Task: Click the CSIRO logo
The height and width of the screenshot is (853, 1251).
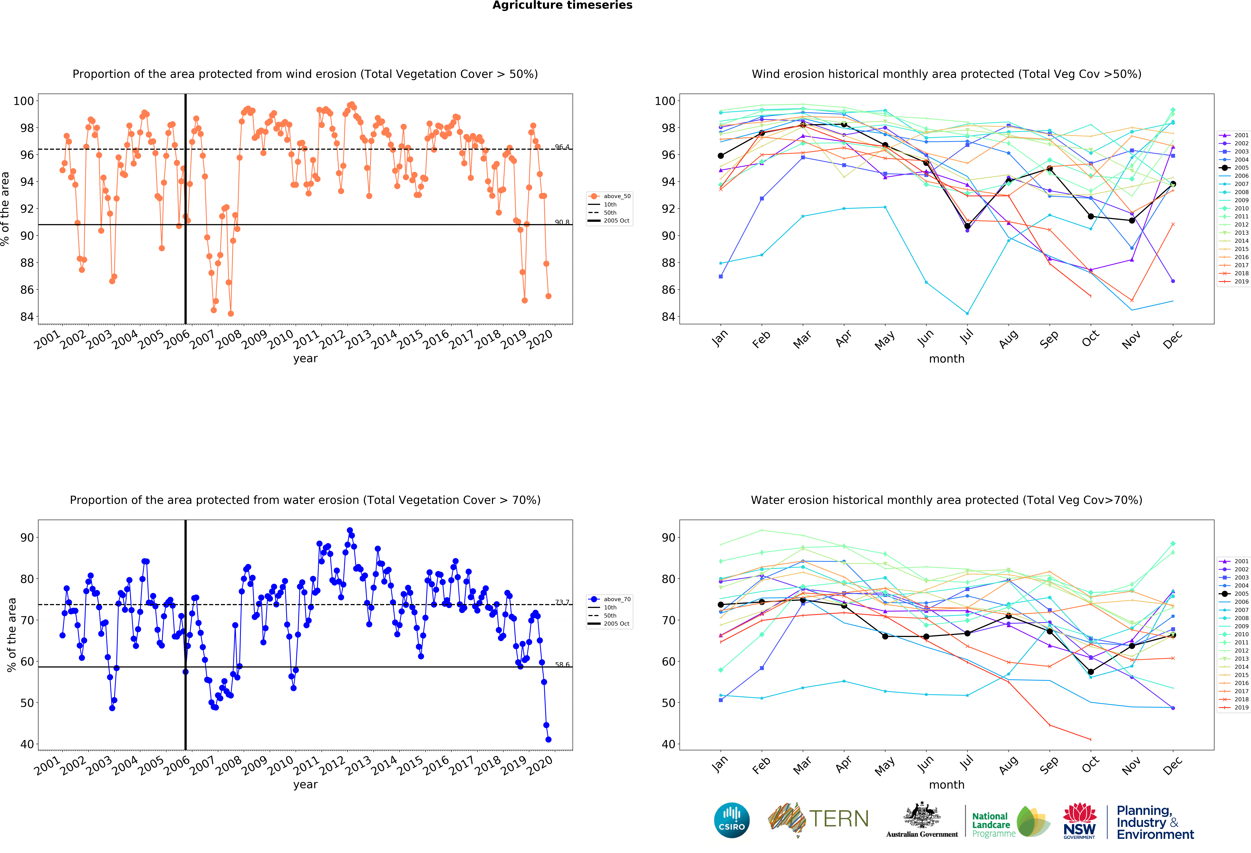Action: [732, 820]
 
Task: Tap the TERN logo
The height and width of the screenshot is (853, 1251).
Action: [818, 819]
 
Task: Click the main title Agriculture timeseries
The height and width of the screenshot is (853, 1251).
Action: [562, 5]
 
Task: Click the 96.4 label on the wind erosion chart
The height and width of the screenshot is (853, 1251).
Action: [562, 147]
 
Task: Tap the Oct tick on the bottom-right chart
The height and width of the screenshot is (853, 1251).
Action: [1090, 763]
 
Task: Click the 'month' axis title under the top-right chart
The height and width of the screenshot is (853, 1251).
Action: [946, 359]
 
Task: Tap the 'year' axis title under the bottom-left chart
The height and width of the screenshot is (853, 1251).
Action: [305, 785]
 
